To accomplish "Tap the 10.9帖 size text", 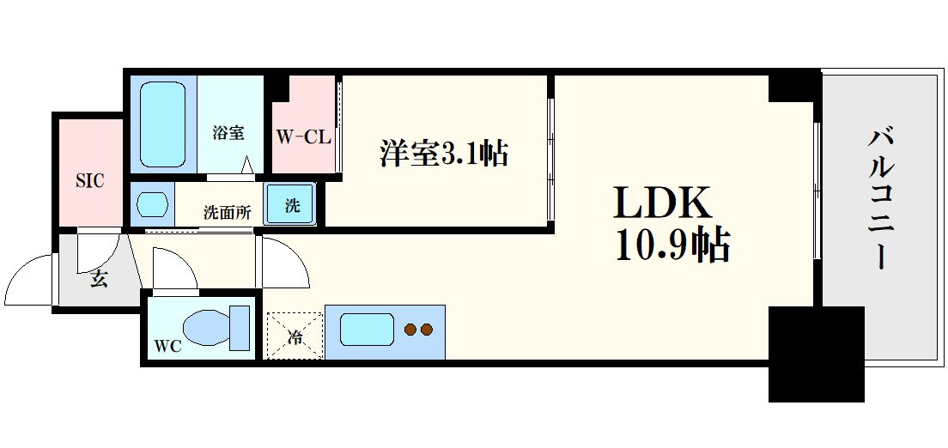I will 672,247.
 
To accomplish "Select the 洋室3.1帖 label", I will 444,154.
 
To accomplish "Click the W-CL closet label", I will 303,136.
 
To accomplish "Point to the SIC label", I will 89,180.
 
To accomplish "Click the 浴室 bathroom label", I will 228,133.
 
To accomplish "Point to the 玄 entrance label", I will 99,279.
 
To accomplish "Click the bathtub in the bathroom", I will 162,124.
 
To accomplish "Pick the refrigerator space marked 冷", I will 295,336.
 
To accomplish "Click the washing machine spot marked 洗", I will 292,206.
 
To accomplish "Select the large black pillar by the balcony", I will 815,354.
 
